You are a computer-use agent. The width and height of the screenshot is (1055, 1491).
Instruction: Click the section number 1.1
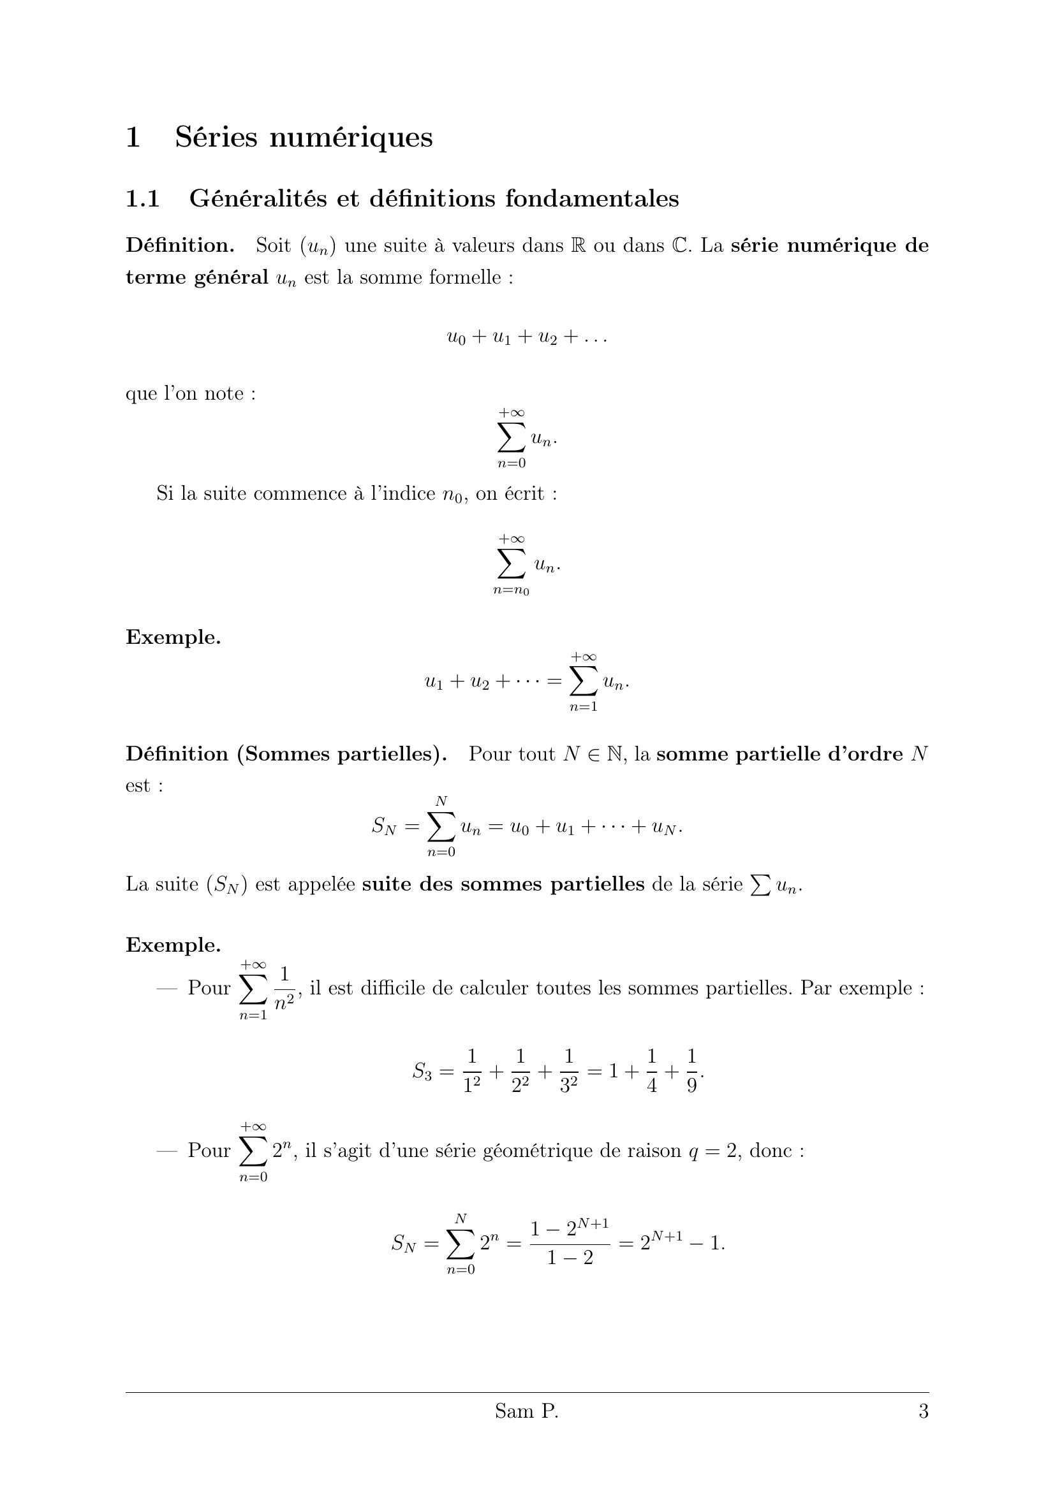[x=142, y=199]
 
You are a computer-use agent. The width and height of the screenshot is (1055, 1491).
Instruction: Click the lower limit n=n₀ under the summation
[x=511, y=591]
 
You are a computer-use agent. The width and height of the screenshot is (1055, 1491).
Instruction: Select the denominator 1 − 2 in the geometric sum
[x=570, y=1258]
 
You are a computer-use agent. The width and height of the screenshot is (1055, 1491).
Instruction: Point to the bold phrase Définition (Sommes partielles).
[x=286, y=755]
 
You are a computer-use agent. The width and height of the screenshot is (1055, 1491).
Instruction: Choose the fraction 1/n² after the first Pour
[x=284, y=989]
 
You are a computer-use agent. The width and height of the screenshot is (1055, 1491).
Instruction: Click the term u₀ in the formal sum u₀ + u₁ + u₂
[x=456, y=338]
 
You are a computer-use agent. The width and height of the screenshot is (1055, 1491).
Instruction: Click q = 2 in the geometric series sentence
[x=713, y=1151]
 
